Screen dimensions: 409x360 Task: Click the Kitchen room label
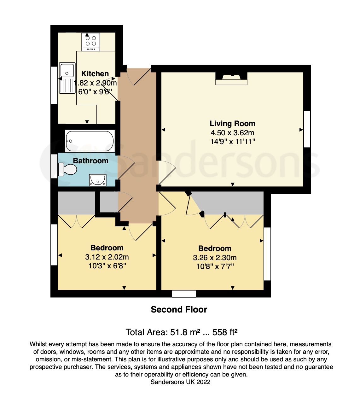pyautogui.click(x=95, y=74)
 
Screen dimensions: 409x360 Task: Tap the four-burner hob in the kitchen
pyautogui.click(x=90, y=41)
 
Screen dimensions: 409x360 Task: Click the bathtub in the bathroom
pyautogui.click(x=90, y=141)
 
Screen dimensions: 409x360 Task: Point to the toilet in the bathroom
pyautogui.click(x=67, y=169)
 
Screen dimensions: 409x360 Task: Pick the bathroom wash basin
pyautogui.click(x=97, y=180)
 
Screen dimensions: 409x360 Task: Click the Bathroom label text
pyautogui.click(x=90, y=161)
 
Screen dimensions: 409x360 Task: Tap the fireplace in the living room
pyautogui.click(x=231, y=79)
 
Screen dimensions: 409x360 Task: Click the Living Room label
pyautogui.click(x=232, y=124)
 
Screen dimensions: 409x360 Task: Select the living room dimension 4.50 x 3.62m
pyautogui.click(x=232, y=133)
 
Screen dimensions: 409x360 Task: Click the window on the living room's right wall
pyautogui.click(x=307, y=129)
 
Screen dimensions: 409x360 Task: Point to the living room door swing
pyautogui.click(x=166, y=172)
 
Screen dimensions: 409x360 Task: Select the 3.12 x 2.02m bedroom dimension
pyautogui.click(x=107, y=257)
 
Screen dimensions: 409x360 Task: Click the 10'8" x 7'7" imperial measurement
pyautogui.click(x=215, y=267)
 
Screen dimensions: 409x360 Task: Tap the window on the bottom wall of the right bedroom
pyautogui.click(x=184, y=294)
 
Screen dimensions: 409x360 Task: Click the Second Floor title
pyautogui.click(x=179, y=310)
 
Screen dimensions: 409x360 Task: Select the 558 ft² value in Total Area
pyautogui.click(x=225, y=332)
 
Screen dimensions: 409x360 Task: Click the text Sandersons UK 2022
pyautogui.click(x=180, y=382)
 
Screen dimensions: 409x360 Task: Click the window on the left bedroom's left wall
pyautogui.click(x=54, y=245)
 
